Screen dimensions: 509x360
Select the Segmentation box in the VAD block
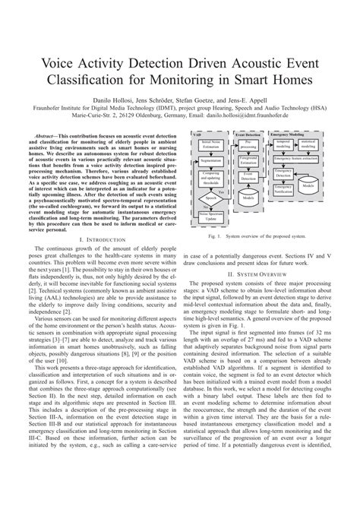tap(210, 161)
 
